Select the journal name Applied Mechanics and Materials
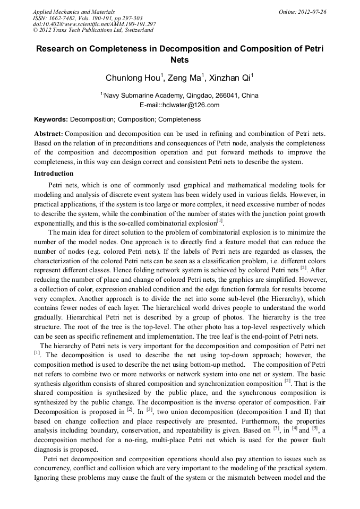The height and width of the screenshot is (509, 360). [x=74, y=12]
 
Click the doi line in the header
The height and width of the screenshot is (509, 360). [x=94, y=24]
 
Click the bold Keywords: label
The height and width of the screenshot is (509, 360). [x=51, y=119]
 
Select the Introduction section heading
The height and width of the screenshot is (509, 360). [x=54, y=174]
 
